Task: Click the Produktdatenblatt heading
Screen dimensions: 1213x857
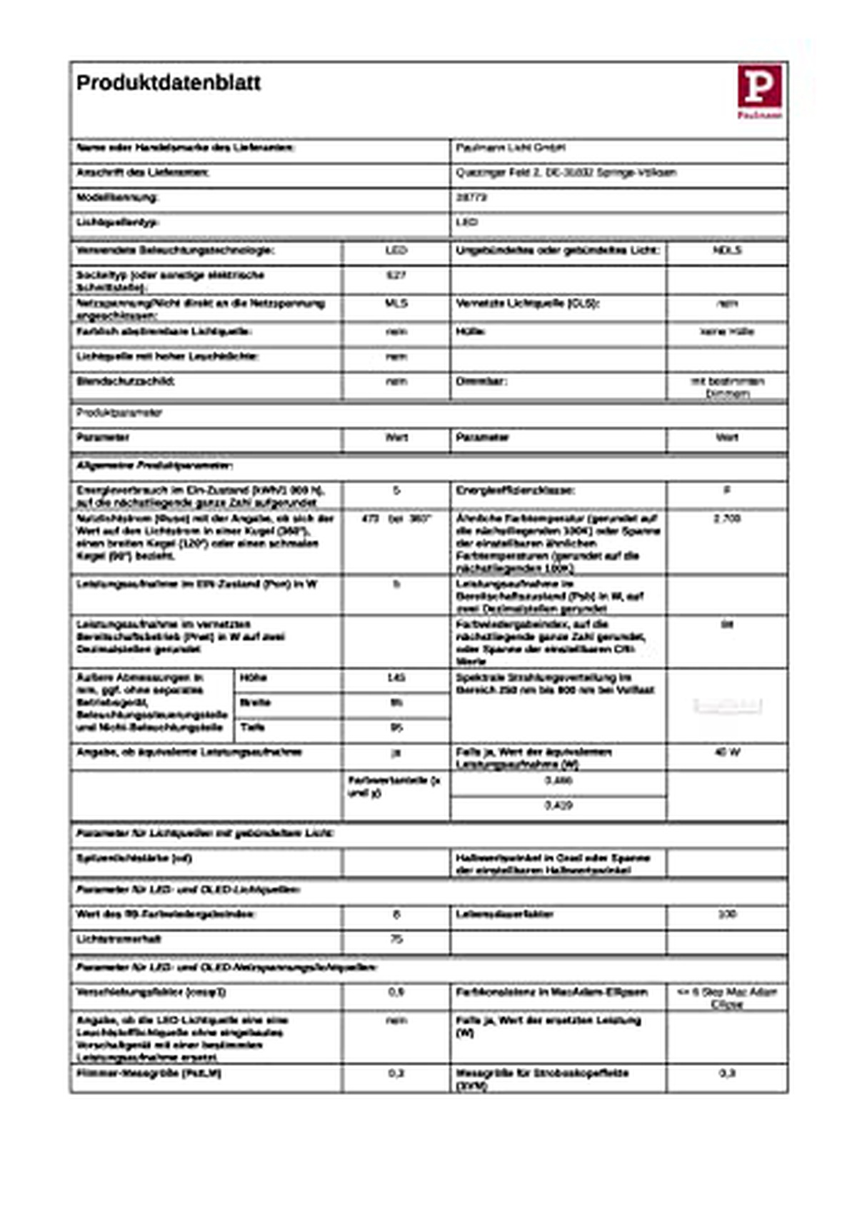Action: (x=169, y=83)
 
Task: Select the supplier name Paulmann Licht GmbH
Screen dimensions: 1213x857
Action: (x=511, y=148)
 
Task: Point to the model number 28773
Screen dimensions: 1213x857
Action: (x=471, y=197)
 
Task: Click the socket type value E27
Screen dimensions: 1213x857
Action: (x=396, y=275)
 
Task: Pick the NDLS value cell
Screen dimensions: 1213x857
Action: (x=726, y=251)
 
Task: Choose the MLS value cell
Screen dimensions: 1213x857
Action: (x=396, y=303)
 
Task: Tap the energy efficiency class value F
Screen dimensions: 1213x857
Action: (x=726, y=490)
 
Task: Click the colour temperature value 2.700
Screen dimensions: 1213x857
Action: (x=726, y=518)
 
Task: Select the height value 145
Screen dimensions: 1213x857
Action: (x=396, y=678)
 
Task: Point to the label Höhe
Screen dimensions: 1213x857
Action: (x=254, y=678)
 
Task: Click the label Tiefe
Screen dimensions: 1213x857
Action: (x=253, y=728)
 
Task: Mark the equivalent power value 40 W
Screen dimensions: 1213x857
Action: (x=726, y=752)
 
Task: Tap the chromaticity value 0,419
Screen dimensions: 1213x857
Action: (x=558, y=805)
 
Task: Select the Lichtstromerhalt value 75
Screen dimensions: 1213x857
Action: (x=396, y=939)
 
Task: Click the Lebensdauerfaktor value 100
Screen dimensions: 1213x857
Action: (x=726, y=914)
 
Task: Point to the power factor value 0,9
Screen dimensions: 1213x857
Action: (x=396, y=992)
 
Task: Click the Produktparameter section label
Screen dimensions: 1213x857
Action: (x=119, y=413)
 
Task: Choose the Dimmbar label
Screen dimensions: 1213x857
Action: (x=482, y=381)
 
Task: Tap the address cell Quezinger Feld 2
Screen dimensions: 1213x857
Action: (x=566, y=173)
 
